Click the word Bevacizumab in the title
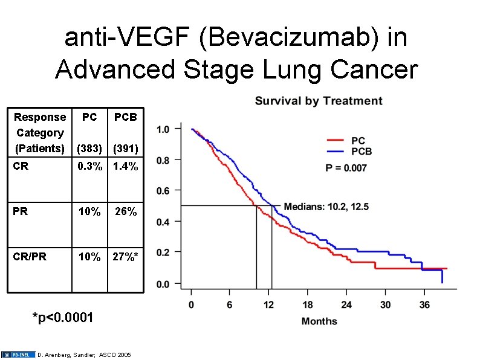point(289,38)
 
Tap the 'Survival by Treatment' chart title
point(319,101)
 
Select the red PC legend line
point(335,140)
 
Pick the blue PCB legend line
point(335,151)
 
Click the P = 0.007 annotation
point(346,168)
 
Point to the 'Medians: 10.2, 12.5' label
point(326,207)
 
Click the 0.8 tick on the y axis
point(163,160)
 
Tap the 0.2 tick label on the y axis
point(163,252)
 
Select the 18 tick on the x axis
point(307,304)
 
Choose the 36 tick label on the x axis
point(424,304)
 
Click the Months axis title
point(319,321)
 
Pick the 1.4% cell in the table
point(126,166)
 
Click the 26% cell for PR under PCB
point(126,211)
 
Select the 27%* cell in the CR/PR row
point(126,257)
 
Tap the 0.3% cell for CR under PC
point(89,166)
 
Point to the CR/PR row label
point(30,257)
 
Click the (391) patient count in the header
point(126,149)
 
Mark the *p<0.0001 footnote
point(63,318)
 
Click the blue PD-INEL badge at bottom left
point(18,355)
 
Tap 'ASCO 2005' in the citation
point(115,355)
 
